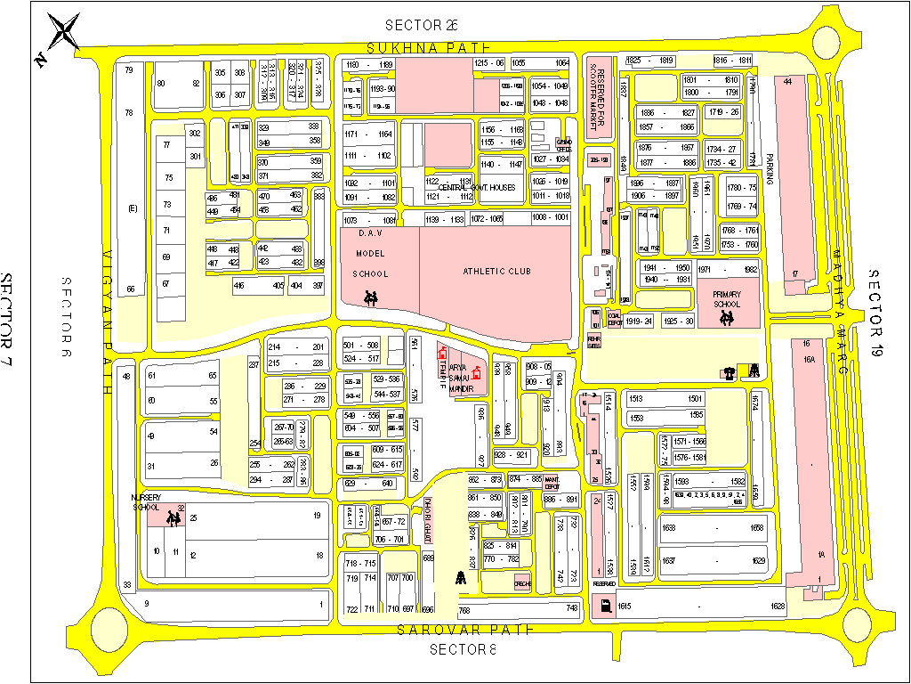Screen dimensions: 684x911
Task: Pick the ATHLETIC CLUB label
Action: pos(495,271)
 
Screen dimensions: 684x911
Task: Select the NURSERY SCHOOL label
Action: pos(146,502)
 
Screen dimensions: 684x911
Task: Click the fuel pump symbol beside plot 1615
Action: pos(605,607)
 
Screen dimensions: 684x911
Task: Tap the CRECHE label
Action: pos(522,584)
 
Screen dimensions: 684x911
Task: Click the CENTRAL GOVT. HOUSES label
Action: pos(477,188)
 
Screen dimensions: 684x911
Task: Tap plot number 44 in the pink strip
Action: pos(787,82)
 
